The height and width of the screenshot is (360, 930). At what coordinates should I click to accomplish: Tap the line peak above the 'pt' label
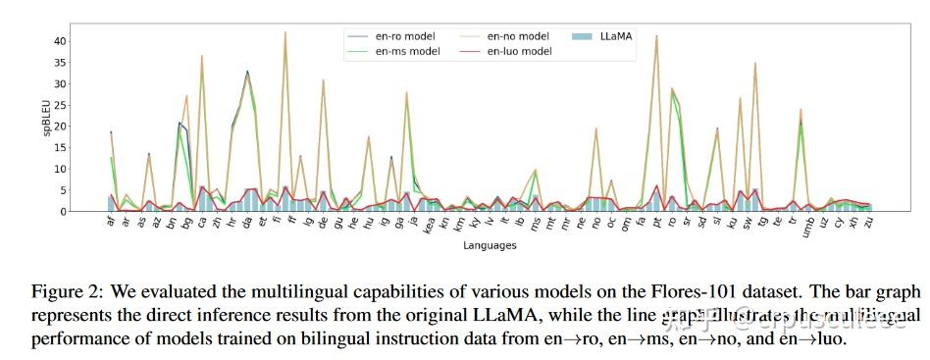pyautogui.click(x=656, y=36)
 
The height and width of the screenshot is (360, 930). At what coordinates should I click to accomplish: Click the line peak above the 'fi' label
pyautogui.click(x=285, y=32)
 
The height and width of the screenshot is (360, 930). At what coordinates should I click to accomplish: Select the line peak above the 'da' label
pyautogui.click(x=247, y=72)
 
